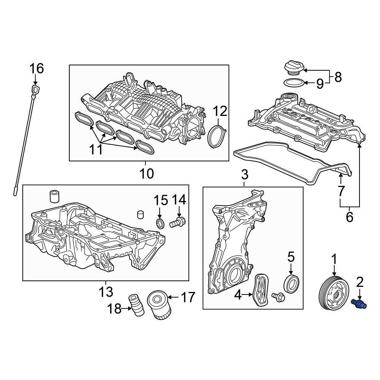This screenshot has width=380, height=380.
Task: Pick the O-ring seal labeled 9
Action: [x=294, y=83]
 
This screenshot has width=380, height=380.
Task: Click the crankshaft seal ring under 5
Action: [x=291, y=283]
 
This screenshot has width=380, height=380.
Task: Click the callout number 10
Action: [x=147, y=173]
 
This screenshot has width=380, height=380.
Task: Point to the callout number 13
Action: [x=106, y=291]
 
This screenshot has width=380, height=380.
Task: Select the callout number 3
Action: [x=244, y=174]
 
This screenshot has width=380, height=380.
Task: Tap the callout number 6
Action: [x=349, y=217]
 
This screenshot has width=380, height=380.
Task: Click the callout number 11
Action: [x=96, y=149]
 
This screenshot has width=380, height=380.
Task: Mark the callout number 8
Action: [x=338, y=77]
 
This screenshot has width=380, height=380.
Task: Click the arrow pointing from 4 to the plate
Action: [x=247, y=295]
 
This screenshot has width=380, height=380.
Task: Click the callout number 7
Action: [x=341, y=191]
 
